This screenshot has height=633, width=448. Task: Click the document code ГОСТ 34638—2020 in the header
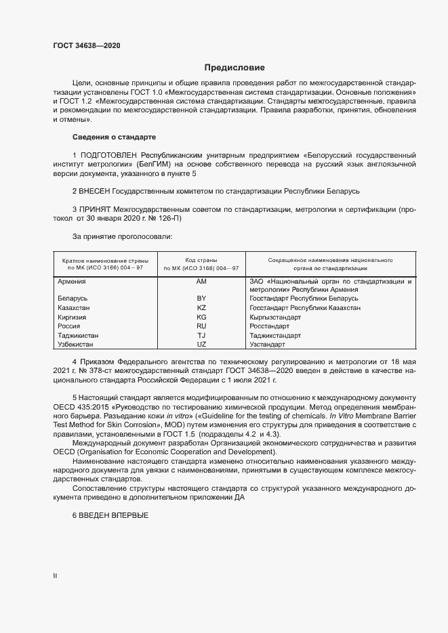point(87,45)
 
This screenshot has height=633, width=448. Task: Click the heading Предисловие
point(235,68)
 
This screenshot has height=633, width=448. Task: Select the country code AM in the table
point(201,280)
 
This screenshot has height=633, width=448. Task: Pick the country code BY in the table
point(201,299)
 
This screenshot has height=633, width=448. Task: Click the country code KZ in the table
point(201,308)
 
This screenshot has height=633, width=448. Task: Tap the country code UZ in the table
point(201,345)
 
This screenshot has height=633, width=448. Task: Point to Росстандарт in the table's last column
point(270,326)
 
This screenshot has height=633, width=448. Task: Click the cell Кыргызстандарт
point(274,317)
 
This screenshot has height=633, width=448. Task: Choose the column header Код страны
point(201,260)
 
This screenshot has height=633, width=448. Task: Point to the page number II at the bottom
point(55,575)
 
